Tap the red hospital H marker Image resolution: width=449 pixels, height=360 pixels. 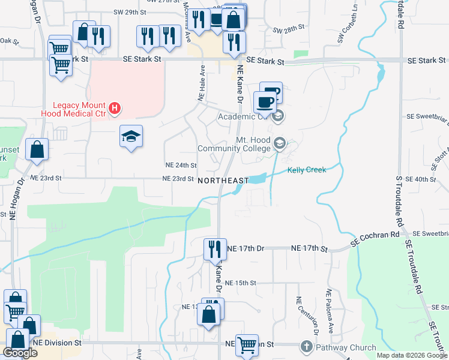coord(116,109)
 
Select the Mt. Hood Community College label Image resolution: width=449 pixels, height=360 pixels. coord(237,143)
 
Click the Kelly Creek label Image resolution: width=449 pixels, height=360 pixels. coord(307,170)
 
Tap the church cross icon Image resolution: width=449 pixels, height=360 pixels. coord(306,347)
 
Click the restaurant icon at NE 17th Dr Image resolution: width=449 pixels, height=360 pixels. coord(215,248)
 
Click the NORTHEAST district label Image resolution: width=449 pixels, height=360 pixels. coord(223,181)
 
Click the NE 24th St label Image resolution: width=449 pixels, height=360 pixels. coord(181,165)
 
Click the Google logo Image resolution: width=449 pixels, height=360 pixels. coord(20,353)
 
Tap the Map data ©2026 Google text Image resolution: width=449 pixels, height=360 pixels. coord(412,355)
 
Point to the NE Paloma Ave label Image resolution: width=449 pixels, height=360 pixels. coord(330,311)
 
